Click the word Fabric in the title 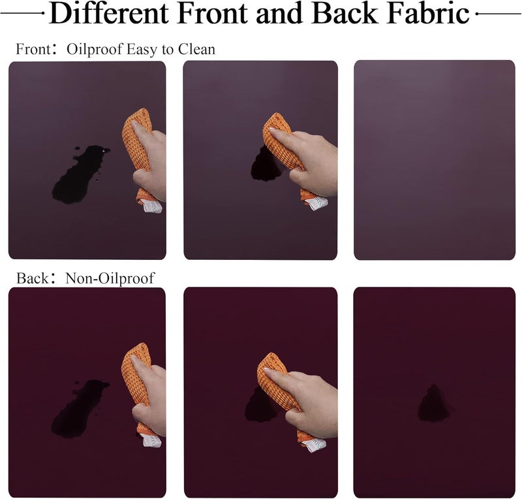(x=429, y=13)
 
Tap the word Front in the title (x=213, y=13)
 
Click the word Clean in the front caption (x=197, y=50)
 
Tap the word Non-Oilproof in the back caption (x=110, y=278)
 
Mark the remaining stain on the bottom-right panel (x=433, y=404)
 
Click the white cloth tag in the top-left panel (x=153, y=206)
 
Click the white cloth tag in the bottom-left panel (x=151, y=440)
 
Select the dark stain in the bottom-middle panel (x=260, y=405)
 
